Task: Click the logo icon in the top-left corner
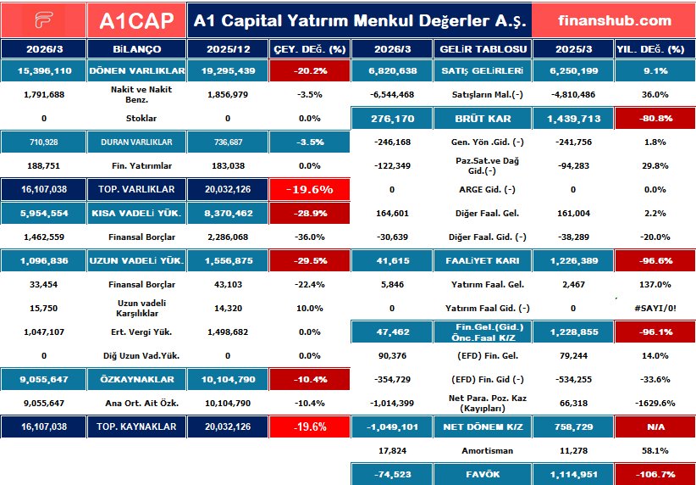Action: [43, 20]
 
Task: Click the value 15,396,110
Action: [44, 71]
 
